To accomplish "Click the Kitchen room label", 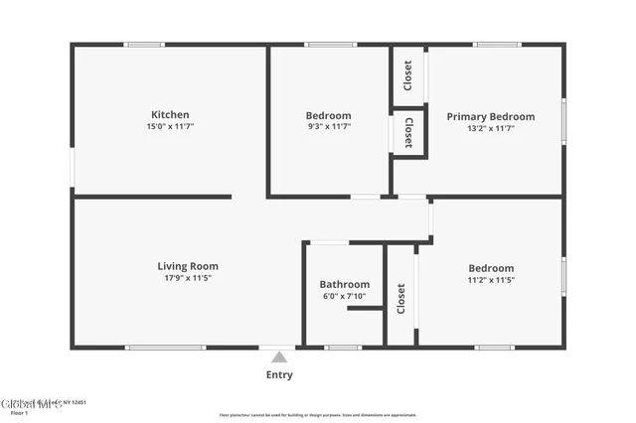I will (170, 115).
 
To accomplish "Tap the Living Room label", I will (188, 266).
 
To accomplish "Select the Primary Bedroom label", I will (490, 117).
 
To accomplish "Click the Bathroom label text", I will (345, 284).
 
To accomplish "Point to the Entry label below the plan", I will (279, 374).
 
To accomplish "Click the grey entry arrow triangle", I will (279, 356).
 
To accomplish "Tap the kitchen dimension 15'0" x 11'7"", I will (170, 127).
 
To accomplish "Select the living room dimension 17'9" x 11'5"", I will (188, 278).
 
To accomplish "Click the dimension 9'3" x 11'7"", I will (328, 127).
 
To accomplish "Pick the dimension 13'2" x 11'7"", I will (490, 128).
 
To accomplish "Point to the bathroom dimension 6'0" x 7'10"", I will (345, 296).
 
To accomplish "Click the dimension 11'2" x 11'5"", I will (491, 280).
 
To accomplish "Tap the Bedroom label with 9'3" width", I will (328, 115).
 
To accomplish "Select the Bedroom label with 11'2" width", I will (491, 268).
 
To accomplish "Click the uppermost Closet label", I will (407, 74).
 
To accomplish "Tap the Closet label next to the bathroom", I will (401, 299).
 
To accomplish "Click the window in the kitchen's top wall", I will (144, 44).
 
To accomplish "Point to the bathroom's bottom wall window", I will (342, 348).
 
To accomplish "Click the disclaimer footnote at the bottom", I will (332, 415).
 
